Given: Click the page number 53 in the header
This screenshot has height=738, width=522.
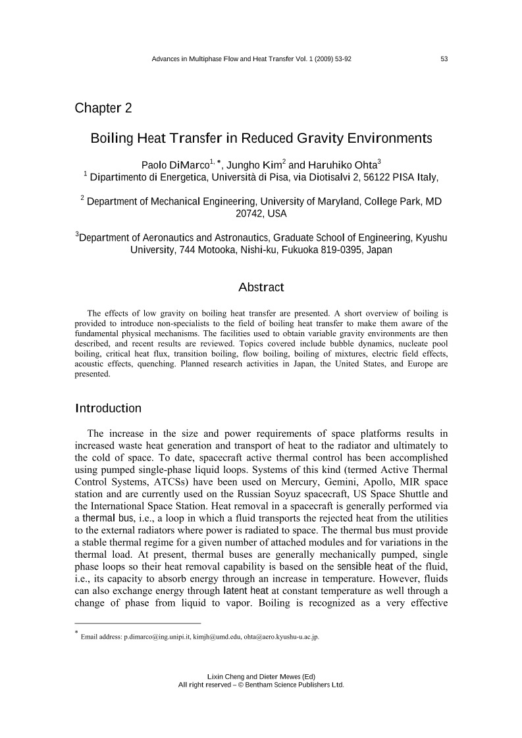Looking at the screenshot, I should point(444,59).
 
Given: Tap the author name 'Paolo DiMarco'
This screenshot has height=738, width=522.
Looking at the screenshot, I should point(173,165).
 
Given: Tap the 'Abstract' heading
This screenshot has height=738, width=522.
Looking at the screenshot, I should point(261,287).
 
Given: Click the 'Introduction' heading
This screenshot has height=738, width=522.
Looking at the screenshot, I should point(108,408).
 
